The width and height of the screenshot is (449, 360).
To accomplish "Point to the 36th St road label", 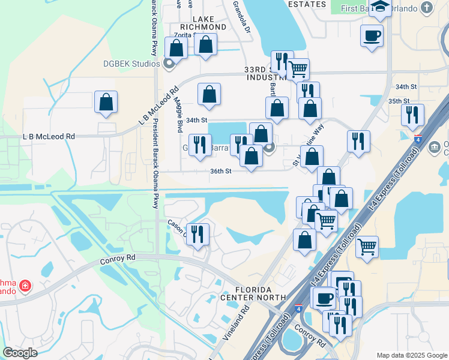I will point(221,170).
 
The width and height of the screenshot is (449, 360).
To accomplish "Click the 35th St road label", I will point(399,101).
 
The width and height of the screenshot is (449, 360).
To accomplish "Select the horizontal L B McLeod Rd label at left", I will point(49,137).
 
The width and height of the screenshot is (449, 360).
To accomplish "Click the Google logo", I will point(20,353).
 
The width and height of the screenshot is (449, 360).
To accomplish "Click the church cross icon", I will point(427,8).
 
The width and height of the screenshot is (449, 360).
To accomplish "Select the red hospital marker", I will point(25,286).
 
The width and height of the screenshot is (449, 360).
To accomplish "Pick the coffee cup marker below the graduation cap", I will point(372,35).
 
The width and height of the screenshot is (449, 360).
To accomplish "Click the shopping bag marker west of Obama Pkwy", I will point(106,102).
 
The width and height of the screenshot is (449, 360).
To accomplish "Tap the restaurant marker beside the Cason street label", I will point(197,233).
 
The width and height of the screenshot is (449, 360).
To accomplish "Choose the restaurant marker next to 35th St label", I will point(412,114).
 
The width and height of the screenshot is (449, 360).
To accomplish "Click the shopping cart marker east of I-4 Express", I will point(367,246).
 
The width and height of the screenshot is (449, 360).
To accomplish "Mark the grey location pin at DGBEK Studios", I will point(169,63).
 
